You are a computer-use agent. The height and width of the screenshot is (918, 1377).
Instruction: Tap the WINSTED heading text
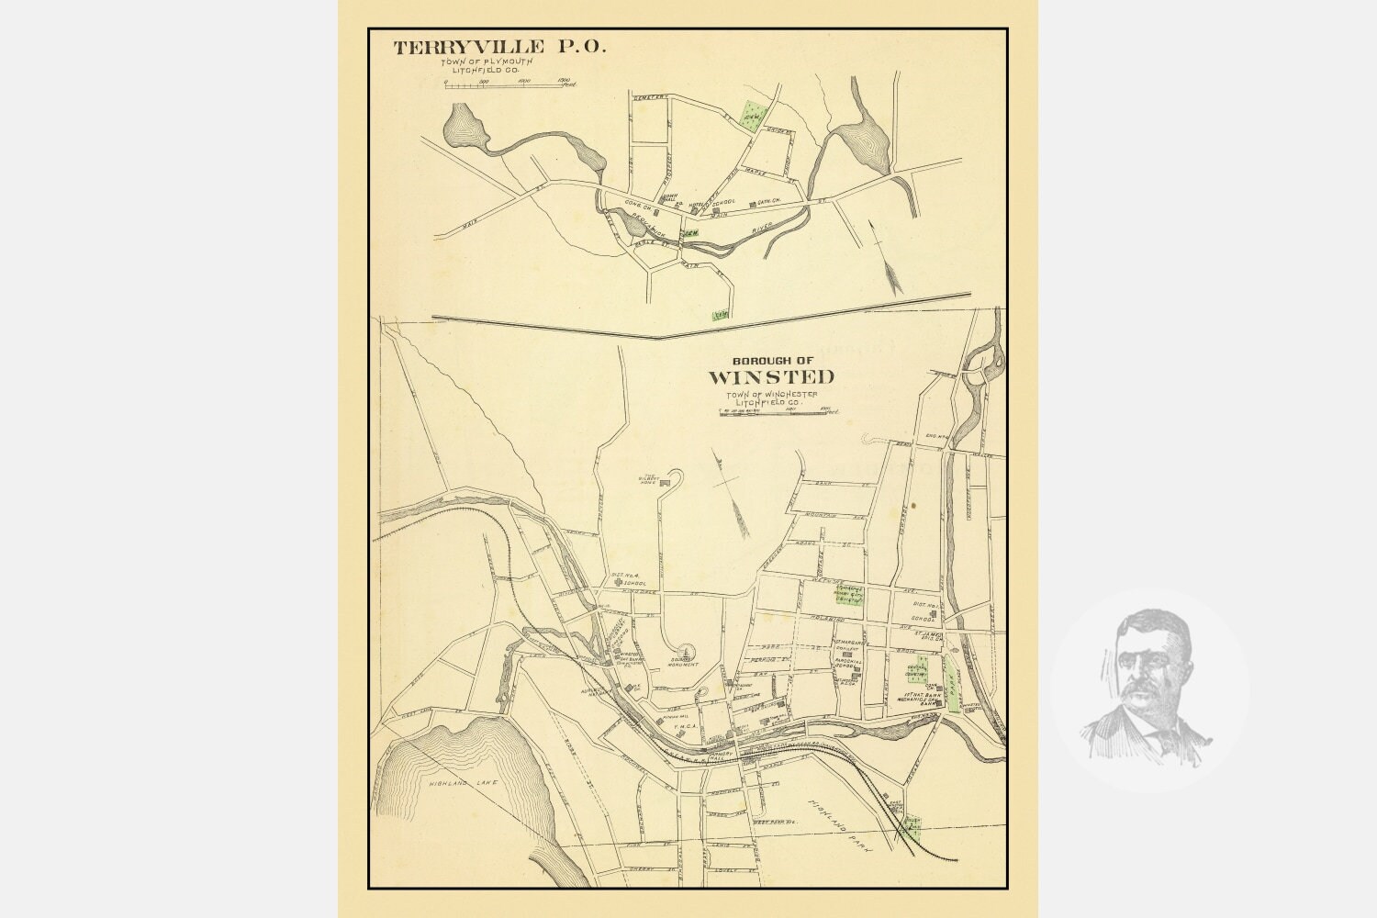tap(771, 376)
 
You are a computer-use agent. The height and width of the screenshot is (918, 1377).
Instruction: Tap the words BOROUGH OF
tap(772, 360)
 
